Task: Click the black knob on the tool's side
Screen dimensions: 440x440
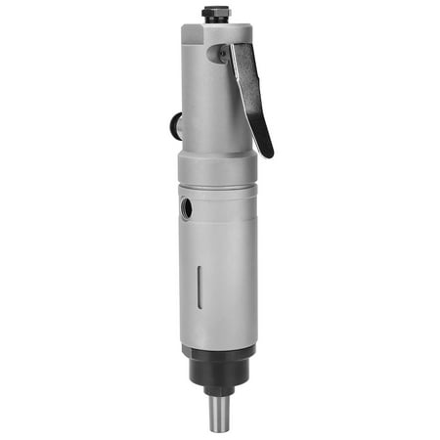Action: [175, 125]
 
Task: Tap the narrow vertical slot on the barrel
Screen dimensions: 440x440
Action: [199, 286]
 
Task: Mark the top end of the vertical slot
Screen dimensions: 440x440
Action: [199, 265]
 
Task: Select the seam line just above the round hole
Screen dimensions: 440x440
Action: [217, 188]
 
